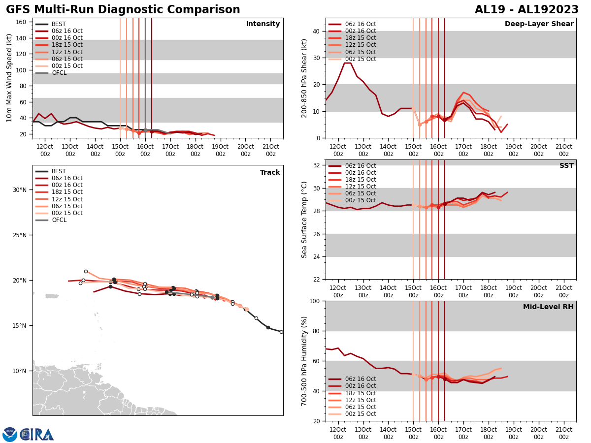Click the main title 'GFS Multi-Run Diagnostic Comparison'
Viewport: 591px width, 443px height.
coord(123,10)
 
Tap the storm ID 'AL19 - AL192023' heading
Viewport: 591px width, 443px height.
coord(526,10)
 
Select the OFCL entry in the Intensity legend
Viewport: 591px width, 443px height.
coord(59,73)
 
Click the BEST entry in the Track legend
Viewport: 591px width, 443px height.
coord(59,171)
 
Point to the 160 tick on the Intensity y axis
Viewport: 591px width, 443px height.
coord(22,22)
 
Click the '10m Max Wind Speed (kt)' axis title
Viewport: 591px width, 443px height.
coord(9,78)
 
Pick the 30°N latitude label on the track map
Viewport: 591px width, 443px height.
coord(20,190)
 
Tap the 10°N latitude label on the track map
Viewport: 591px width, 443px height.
coord(20,371)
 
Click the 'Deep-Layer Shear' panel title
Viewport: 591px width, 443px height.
coord(539,24)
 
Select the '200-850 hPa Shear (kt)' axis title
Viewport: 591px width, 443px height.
coord(304,78)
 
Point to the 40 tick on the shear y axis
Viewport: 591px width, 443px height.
coord(316,31)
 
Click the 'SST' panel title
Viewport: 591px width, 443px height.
coord(566,166)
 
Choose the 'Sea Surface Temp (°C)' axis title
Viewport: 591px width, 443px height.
coord(304,220)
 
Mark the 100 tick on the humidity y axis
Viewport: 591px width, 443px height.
coord(314,301)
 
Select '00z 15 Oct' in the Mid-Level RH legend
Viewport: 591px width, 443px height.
coord(361,414)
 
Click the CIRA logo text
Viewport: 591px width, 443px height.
coord(37,435)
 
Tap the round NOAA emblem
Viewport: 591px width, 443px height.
coord(10,435)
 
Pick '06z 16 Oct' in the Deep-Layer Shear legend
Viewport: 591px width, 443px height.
coord(361,24)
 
